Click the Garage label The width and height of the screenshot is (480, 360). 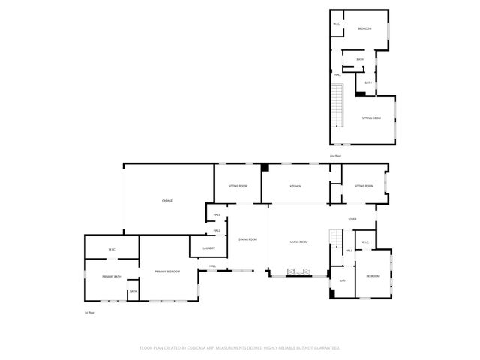[167, 201]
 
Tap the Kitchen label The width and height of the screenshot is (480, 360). [295, 186]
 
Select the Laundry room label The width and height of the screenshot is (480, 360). [208, 248]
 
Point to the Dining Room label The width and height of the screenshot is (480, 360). [247, 240]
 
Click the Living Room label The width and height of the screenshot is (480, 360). [300, 241]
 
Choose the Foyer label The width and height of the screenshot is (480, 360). [352, 219]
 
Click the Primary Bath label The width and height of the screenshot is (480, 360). [112, 277]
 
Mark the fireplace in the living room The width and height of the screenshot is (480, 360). [299, 272]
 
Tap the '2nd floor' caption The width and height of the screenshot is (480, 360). [334, 156]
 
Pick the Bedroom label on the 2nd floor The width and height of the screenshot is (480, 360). [364, 28]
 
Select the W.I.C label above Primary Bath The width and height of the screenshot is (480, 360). [111, 249]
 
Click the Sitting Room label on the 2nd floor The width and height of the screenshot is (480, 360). [371, 118]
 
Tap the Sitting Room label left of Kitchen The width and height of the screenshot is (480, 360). [238, 186]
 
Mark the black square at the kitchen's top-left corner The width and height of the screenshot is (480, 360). [265, 168]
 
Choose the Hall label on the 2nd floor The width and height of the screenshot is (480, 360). [338, 75]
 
